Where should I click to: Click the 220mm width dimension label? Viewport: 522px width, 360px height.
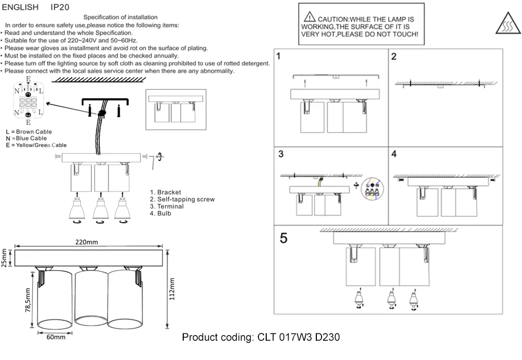click(86, 242)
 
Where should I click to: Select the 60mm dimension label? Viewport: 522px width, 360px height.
click(56, 337)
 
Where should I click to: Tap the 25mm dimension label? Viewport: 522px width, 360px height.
click(4, 258)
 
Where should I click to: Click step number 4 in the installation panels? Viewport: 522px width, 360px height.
click(394, 154)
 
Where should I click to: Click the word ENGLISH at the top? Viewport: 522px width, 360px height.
click(20, 8)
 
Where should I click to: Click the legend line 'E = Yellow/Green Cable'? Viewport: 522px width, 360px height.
click(36, 145)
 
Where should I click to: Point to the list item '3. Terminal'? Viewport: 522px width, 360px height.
click(167, 207)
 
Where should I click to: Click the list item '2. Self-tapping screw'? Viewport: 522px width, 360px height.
click(182, 199)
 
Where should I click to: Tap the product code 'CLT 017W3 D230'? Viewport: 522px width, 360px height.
click(299, 338)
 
